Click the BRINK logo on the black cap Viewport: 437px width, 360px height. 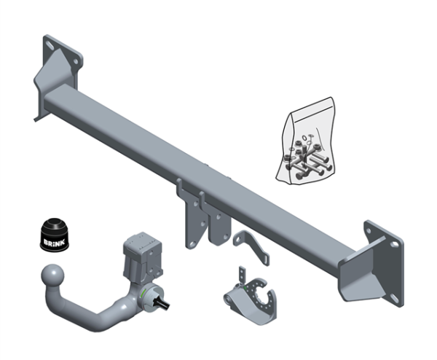pos(54,241)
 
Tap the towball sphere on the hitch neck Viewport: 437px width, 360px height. pos(52,275)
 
